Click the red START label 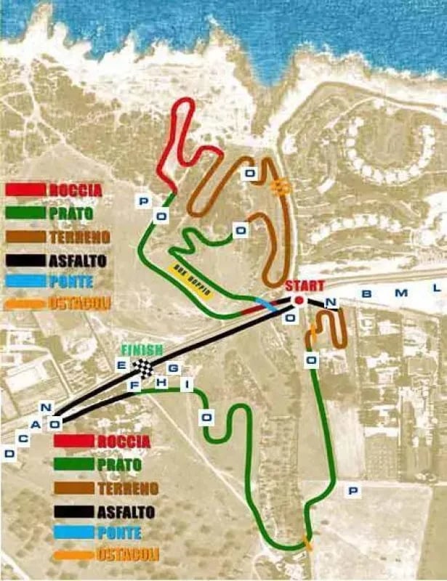304,285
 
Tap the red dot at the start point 298,301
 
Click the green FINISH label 142,349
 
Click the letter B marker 366,293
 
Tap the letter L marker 436,288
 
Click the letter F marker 134,386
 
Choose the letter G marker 172,368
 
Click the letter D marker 9,454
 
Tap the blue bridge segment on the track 267,305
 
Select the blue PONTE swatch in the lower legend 73,533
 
